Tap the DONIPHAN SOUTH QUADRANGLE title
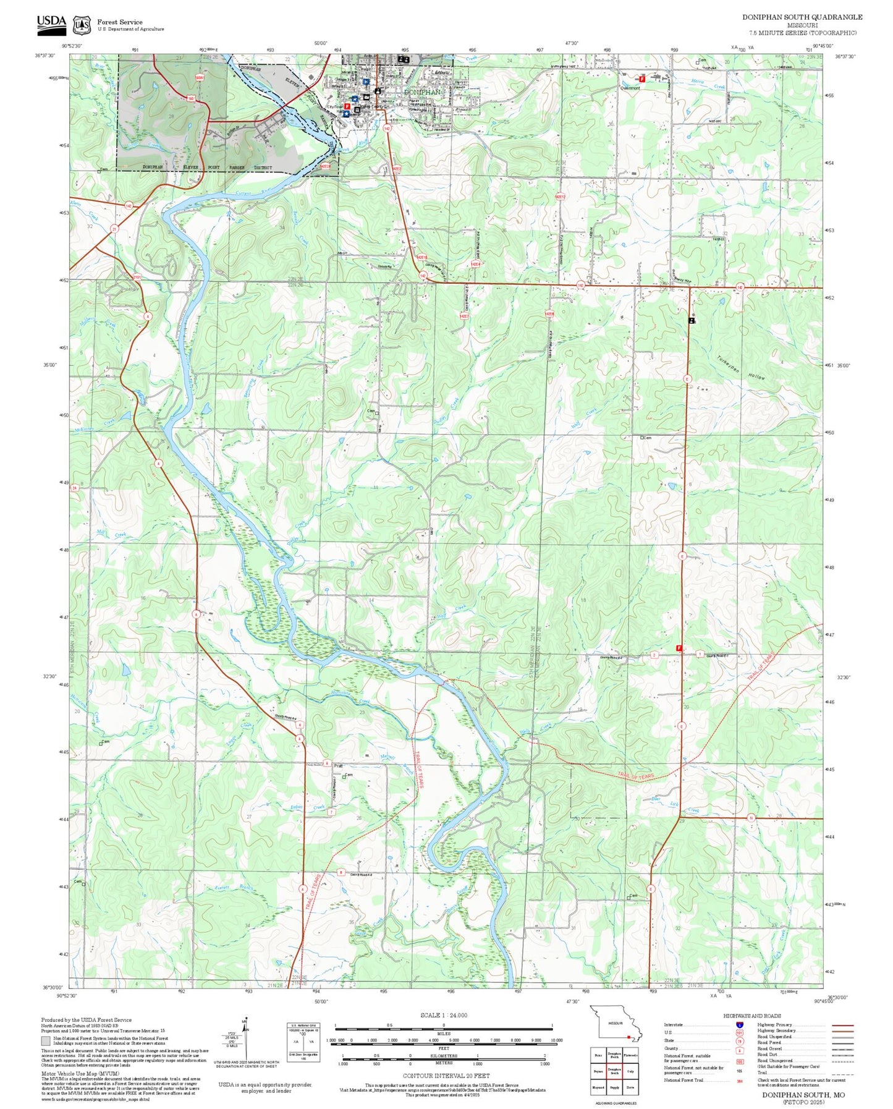coord(802,17)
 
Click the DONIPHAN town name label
coord(422,92)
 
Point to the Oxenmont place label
coord(630,88)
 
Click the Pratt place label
coord(338,765)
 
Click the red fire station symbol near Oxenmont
coord(641,79)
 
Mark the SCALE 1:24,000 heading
coord(444,1015)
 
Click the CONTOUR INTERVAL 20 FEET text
coord(446,1076)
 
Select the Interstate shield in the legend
coord(740,1024)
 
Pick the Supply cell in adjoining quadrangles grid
coord(614,1087)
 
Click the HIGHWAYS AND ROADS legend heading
coord(751,1016)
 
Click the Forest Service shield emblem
coord(81,25)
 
